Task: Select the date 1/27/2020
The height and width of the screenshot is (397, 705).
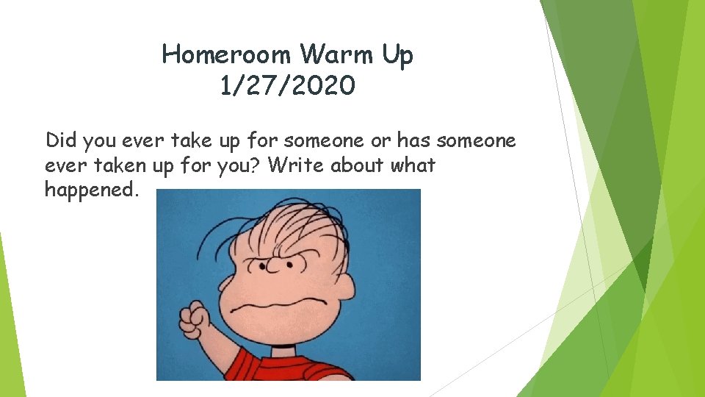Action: pyautogui.click(x=287, y=87)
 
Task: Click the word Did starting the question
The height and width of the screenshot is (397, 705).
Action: pyautogui.click(x=61, y=140)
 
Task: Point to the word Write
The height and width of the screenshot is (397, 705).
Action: pyautogui.click(x=297, y=165)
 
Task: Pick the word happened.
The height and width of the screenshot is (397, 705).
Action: pyautogui.click(x=91, y=190)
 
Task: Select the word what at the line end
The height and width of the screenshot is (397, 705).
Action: pyautogui.click(x=413, y=165)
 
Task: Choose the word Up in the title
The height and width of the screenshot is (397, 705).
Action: pyautogui.click(x=397, y=54)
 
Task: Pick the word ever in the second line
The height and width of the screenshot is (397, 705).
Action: pyautogui.click(x=60, y=165)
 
